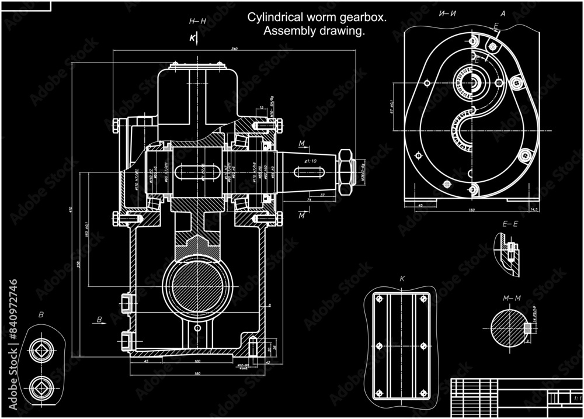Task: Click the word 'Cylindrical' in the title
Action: point(275,18)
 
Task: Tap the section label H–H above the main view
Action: point(198,22)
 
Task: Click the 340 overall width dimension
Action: point(234,49)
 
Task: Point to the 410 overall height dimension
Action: point(71,209)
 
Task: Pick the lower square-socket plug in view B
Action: point(40,386)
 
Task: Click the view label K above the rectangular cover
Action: point(402,279)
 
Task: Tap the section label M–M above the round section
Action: point(512,299)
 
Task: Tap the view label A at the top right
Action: point(503,13)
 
